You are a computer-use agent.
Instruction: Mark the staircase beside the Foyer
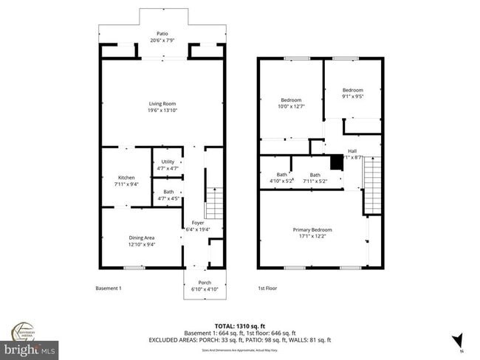pyautogui.click(x=213, y=203)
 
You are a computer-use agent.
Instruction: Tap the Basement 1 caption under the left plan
pyautogui.click(x=109, y=288)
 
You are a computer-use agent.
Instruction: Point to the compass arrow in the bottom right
pyautogui.click(x=458, y=340)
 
